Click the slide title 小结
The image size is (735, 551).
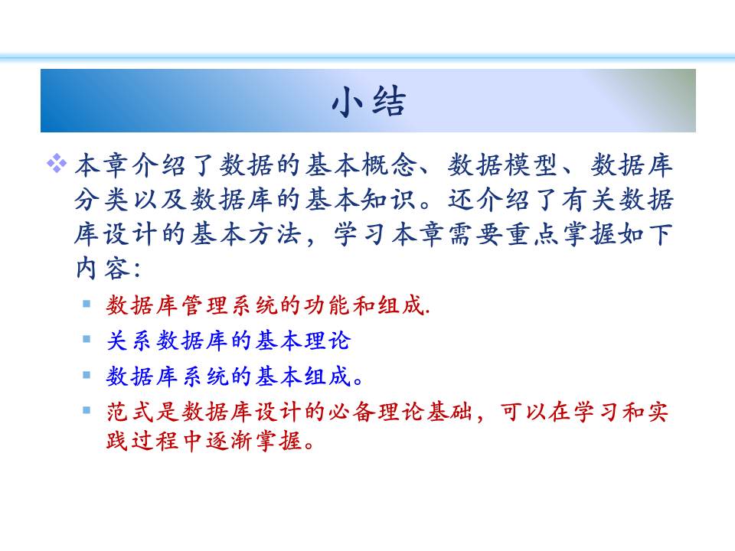click(368, 101)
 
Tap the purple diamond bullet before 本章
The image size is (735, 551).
click(57, 163)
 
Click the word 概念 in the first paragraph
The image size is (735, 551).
click(389, 165)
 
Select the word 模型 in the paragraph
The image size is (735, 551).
click(531, 165)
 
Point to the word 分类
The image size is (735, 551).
click(102, 200)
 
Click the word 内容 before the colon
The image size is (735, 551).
click(103, 269)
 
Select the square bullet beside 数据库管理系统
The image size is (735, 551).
click(87, 304)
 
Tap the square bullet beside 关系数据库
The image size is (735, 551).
click(87, 339)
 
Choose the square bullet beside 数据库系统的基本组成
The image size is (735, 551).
click(87, 374)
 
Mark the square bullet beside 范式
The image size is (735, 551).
click(87, 410)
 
